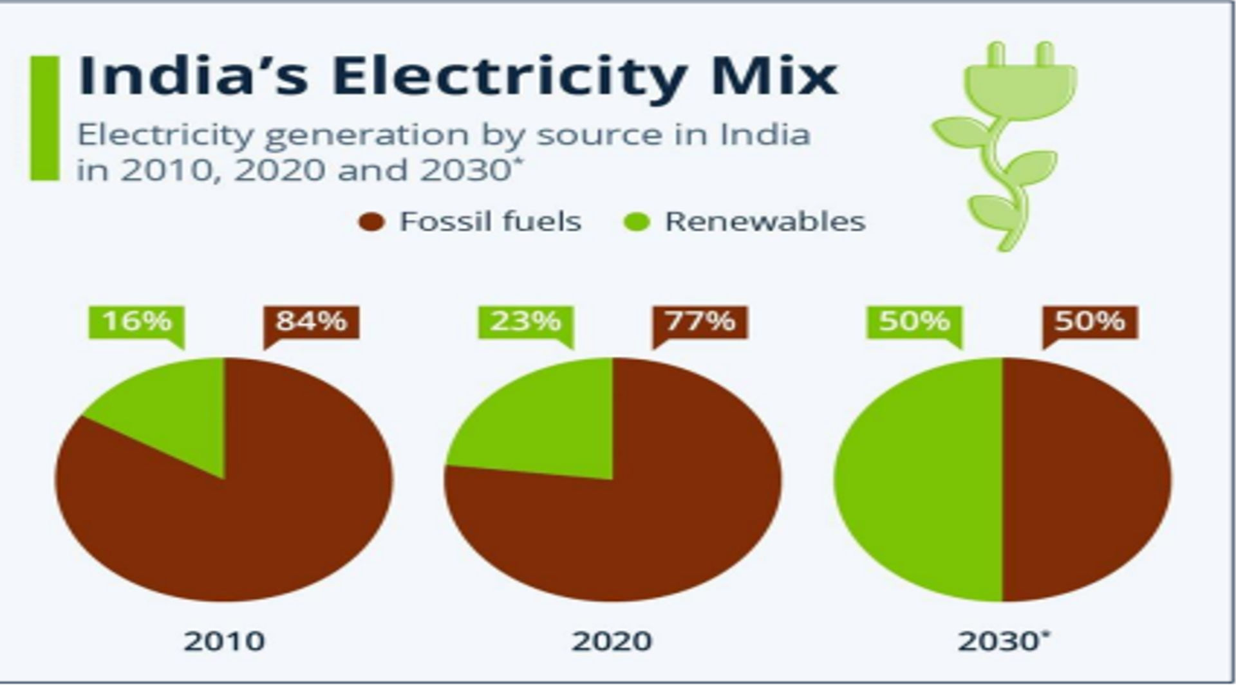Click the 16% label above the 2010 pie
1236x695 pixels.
136,321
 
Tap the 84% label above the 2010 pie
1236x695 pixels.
312,321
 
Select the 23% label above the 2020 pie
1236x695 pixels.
525,321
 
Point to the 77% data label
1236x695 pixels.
700,321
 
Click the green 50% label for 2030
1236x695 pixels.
914,321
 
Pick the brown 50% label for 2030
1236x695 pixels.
1090,321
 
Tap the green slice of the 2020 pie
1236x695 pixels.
547,418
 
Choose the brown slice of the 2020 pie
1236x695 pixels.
631,534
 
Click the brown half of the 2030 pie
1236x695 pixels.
1088,479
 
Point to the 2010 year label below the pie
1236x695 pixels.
224,642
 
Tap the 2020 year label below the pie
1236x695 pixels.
612,642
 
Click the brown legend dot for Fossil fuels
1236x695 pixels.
371,223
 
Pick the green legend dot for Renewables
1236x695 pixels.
637,223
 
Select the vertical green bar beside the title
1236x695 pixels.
44,118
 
